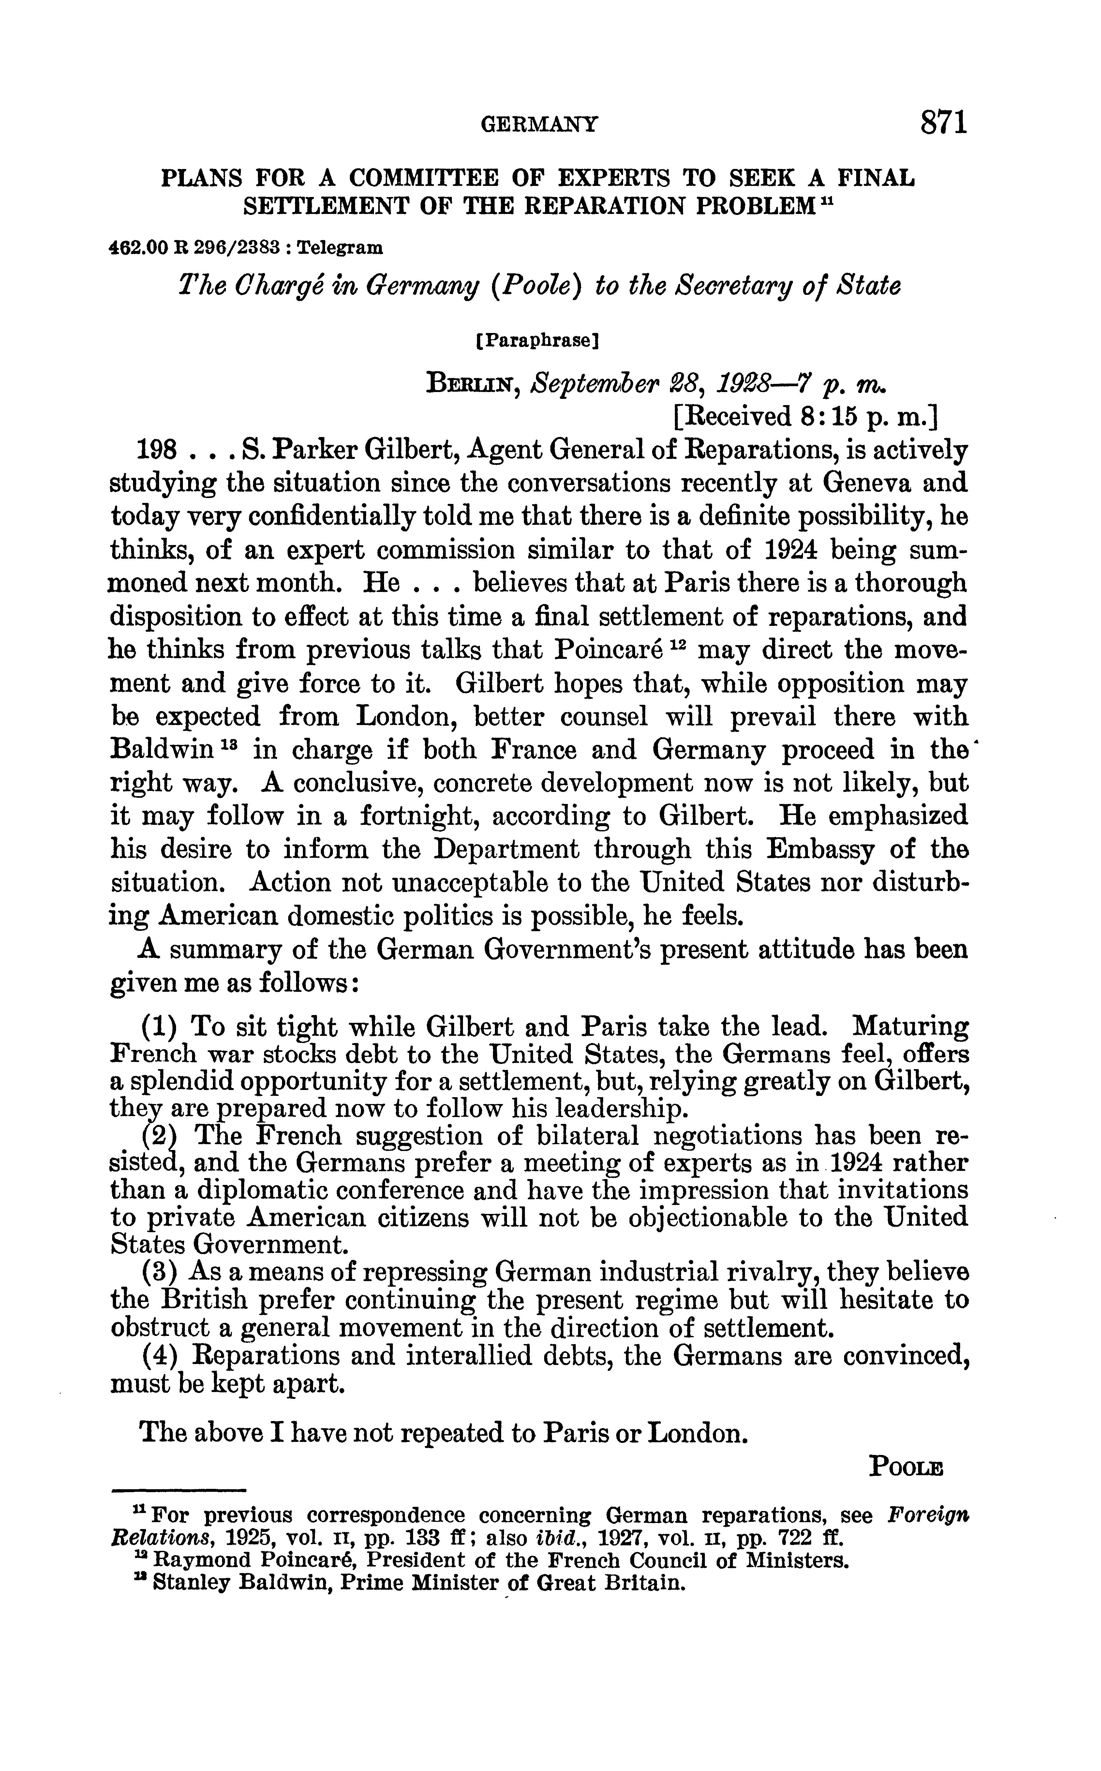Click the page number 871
tap(943, 122)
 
